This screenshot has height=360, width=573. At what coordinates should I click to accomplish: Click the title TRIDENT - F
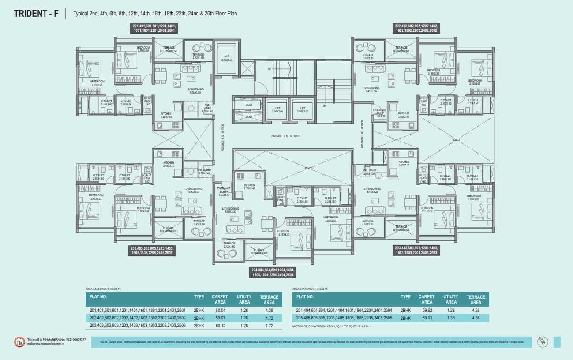click(x=37, y=13)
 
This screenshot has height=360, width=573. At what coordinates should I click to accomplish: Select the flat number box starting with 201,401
click(x=154, y=29)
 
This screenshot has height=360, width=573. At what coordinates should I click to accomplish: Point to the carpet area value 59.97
click(x=219, y=318)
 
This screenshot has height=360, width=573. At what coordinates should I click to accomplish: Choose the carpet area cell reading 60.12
click(x=219, y=325)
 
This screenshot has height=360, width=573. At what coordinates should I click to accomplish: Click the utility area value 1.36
click(x=451, y=318)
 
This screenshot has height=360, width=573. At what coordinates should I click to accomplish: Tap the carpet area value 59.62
click(x=427, y=310)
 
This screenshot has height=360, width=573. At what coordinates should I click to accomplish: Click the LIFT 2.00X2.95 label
click(x=227, y=57)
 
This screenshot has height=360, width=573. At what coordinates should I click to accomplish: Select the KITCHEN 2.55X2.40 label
click(x=249, y=187)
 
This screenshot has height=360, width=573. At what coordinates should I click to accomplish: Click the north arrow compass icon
click(x=541, y=342)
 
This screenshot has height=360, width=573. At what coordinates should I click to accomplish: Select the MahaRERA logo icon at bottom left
click(x=19, y=342)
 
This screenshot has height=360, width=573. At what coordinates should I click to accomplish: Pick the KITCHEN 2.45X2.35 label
click(x=404, y=164)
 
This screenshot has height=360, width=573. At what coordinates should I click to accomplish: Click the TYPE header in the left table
click(x=198, y=297)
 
